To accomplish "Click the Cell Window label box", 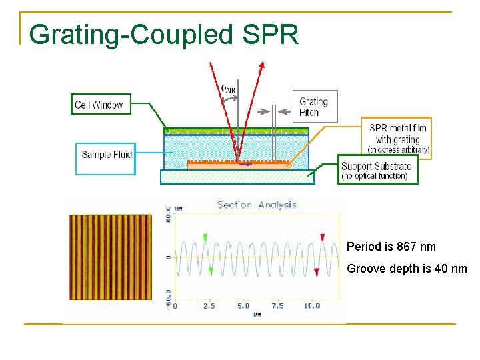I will (99, 104).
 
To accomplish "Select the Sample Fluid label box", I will (106, 155).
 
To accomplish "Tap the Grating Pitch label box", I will (314, 107).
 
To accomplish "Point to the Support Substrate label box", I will (377, 171).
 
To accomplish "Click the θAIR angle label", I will (228, 88).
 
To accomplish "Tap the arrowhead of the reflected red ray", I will (262, 65).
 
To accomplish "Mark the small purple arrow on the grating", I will (246, 162).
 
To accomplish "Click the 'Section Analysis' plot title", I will (257, 205).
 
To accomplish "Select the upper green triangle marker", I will (205, 237).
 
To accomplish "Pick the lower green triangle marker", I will (211, 271).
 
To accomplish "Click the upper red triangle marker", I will (323, 237).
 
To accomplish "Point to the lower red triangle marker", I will (317, 271).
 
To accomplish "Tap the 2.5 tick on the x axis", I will (209, 306).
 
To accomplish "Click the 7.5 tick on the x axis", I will (277, 306).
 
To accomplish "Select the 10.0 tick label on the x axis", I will (311, 306).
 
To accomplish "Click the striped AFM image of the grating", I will (111, 257).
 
